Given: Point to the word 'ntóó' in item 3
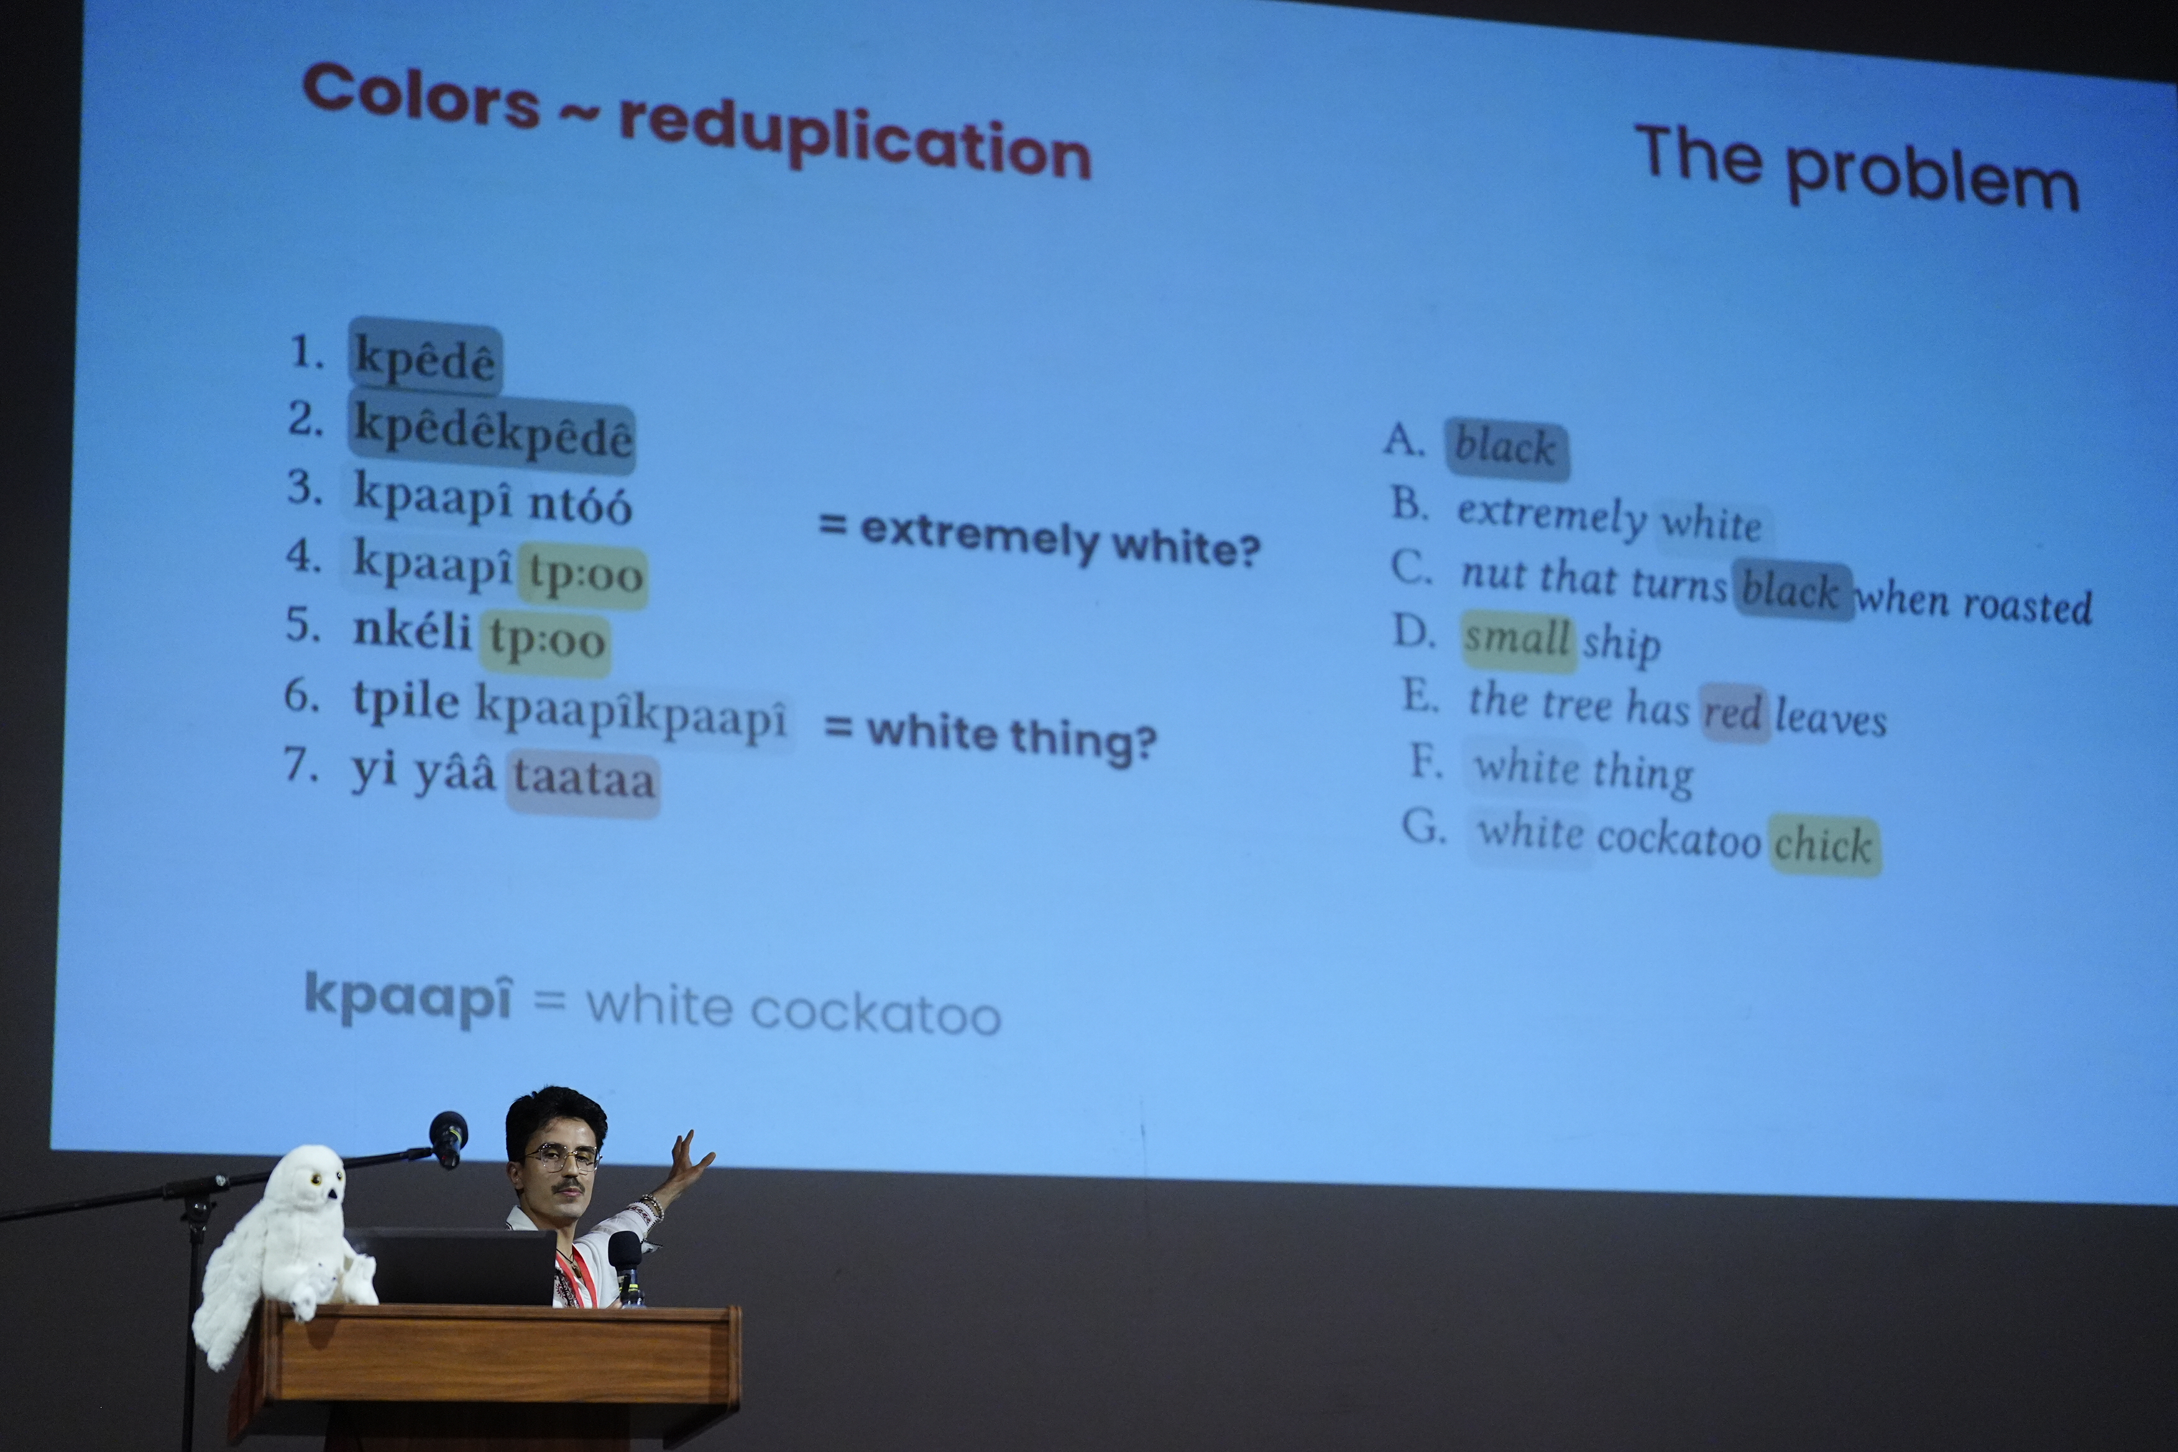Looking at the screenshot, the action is coord(581,505).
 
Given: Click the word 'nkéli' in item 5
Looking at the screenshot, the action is coord(413,631).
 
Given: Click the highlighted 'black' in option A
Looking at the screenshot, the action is coord(1505,448).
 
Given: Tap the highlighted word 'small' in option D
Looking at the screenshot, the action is coord(1517,639).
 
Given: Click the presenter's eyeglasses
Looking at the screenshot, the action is coord(559,1157).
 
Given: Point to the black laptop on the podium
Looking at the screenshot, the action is coord(459,1267).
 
